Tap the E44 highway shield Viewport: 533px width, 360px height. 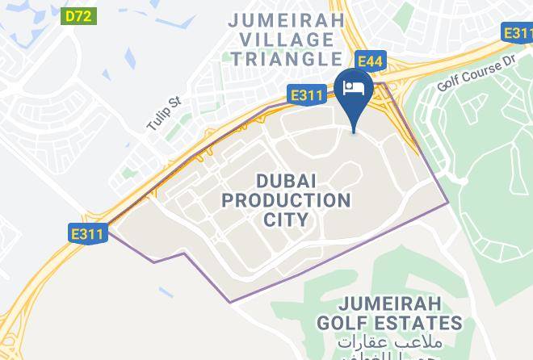pos(371,60)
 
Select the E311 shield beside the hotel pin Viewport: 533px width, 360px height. pos(308,96)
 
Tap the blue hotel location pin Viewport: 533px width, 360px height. pos(355,93)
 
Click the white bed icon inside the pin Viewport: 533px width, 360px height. pos(355,84)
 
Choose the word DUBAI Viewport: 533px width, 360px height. pos(287,178)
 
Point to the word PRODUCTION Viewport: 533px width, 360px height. pos(287,199)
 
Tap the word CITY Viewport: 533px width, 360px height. pos(287,220)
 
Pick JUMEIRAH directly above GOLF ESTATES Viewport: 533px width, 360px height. pos(401,303)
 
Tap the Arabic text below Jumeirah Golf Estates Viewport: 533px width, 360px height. pos(401,345)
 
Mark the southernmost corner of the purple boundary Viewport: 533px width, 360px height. pos(231,302)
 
